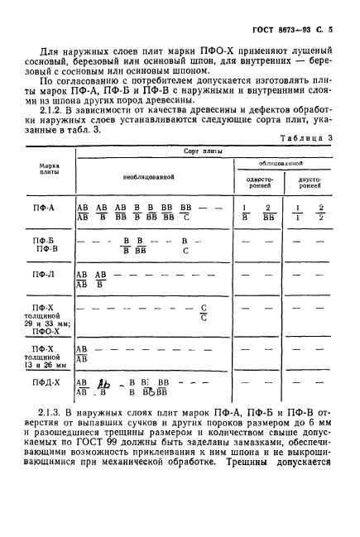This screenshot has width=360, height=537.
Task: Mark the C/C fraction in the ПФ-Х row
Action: click(204, 312)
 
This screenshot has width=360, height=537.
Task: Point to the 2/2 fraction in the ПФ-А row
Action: click(320, 213)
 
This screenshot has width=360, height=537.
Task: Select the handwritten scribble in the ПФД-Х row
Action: click(104, 384)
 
